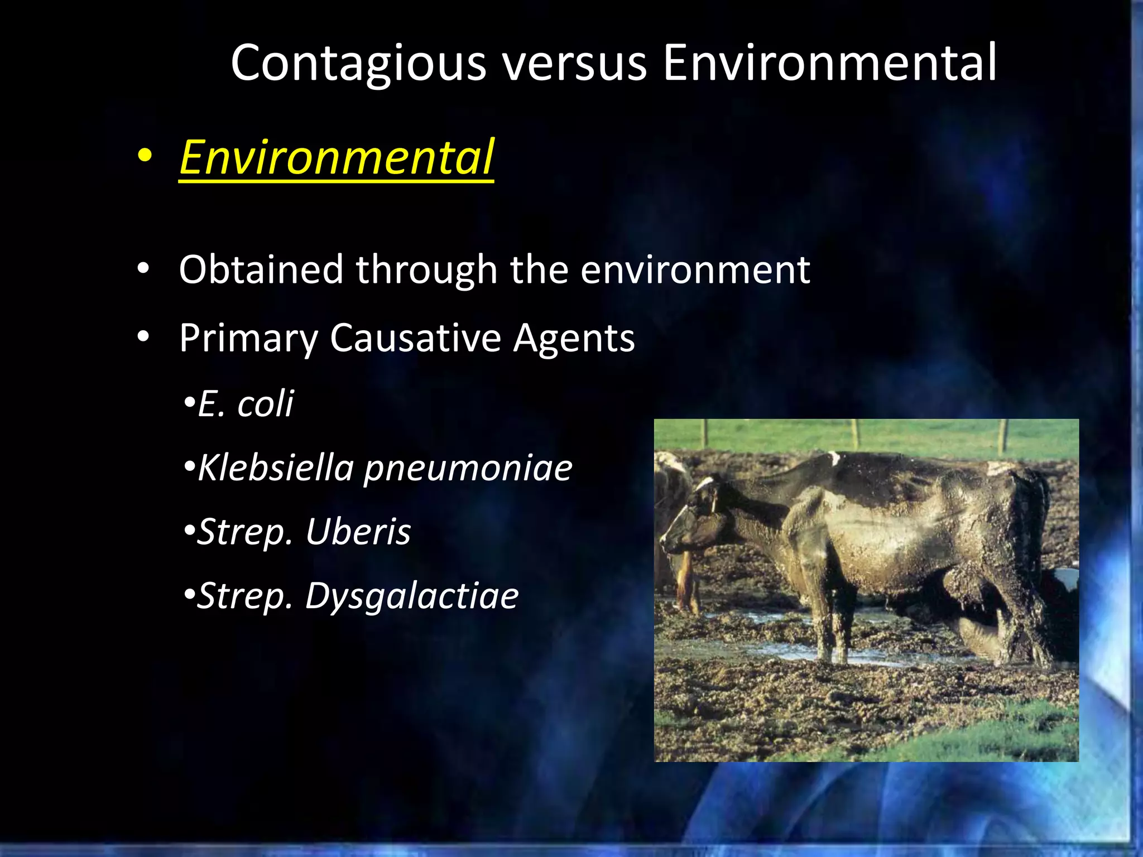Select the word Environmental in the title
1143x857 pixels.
coord(829,62)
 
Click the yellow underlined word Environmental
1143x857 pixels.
coord(337,158)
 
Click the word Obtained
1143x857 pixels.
coord(261,269)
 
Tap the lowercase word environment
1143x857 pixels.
coord(695,271)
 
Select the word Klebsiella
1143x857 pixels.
coord(276,467)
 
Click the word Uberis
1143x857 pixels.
coord(358,531)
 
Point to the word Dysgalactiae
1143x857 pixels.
coord(412,596)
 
